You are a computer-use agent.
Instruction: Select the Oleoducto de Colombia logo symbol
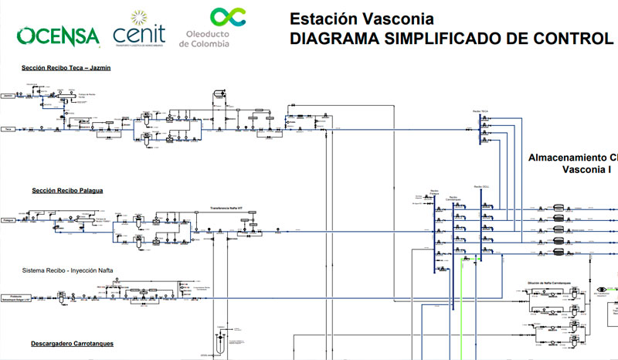coord(229,17)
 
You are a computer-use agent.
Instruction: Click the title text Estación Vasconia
coord(362,18)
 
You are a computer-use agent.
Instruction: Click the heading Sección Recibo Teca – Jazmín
coord(66,68)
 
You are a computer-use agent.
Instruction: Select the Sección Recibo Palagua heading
coord(68,190)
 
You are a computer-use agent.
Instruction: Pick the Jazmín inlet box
coord(9,95)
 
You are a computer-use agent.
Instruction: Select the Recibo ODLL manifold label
coord(479,187)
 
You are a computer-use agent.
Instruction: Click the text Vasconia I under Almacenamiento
coord(587,169)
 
